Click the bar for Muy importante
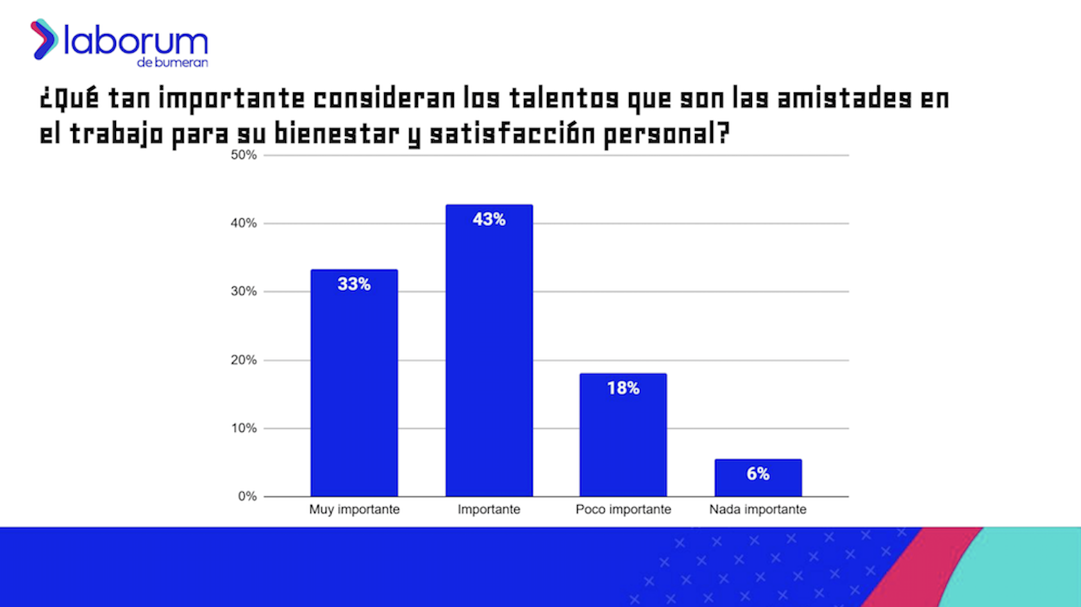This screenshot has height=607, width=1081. coord(354,385)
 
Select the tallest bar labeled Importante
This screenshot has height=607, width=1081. coord(489,353)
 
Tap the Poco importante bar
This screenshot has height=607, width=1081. coord(623,436)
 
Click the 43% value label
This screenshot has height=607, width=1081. coord(489,219)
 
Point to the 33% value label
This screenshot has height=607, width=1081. coord(354,284)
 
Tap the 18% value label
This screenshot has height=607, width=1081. coord(623,388)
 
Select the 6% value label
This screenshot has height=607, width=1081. coord(758,474)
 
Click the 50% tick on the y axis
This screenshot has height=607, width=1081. coord(244,155)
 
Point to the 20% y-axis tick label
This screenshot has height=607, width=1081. coord(244,360)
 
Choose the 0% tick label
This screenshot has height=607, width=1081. coord(247,496)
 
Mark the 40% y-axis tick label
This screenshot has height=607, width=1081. coord(244,223)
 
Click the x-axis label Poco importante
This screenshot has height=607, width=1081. coord(623,509)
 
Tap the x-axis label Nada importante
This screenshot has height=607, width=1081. coord(758,509)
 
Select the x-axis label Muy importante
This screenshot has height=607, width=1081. coord(354,509)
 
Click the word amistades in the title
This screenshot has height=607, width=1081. coord(844,99)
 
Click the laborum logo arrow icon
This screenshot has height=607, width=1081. coord(44,39)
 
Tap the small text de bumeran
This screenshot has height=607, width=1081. coord(172,63)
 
